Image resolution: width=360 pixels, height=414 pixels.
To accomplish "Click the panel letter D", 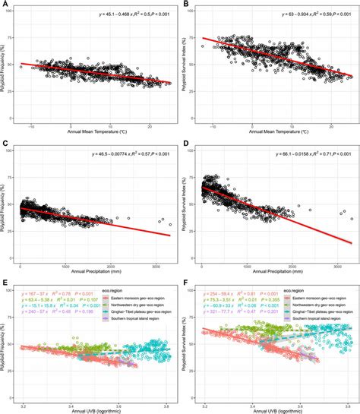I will tap(186, 142).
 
